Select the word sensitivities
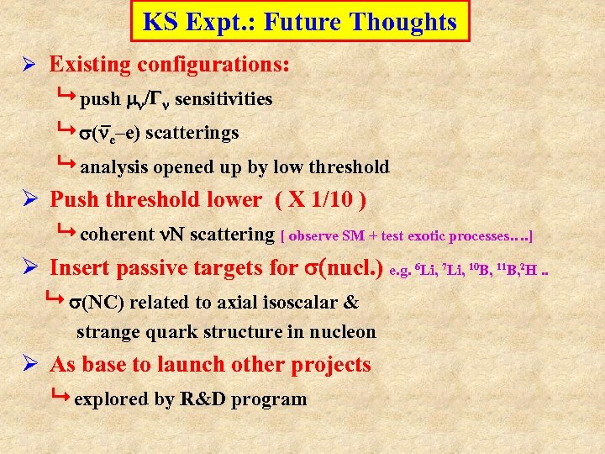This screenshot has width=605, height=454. click(224, 99)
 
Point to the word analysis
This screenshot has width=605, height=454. click(115, 166)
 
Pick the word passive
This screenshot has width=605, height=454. click(157, 268)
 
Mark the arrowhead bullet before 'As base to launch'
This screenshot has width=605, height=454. click(28, 366)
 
